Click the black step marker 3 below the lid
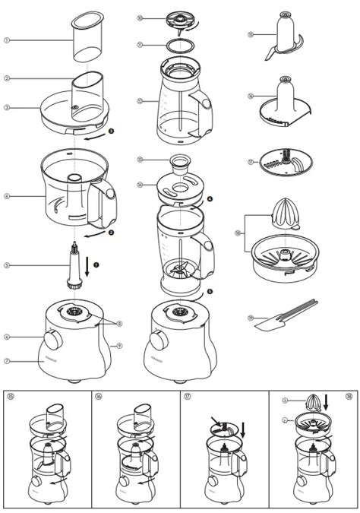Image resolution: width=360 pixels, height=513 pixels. coord(111,131)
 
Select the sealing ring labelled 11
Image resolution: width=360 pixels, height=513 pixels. coord(178,46)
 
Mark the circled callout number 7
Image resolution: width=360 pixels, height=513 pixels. coord(7,360)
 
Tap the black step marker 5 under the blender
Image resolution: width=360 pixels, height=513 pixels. coord(210,290)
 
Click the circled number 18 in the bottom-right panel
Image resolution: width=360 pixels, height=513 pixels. coord(349,397)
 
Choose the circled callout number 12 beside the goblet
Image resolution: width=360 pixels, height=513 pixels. coord(140,100)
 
